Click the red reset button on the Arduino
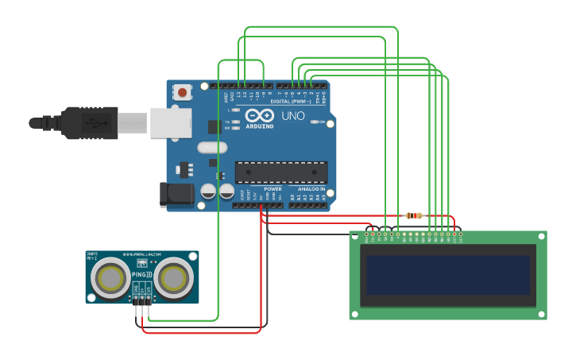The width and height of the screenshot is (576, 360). [x=183, y=93]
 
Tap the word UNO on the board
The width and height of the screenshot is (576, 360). [x=293, y=116]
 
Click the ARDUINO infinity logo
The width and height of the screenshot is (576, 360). [x=259, y=116]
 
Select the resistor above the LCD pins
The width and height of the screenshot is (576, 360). [x=414, y=215]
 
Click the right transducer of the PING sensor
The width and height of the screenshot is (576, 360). [x=173, y=278]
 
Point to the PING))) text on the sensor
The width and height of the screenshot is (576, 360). [x=141, y=274]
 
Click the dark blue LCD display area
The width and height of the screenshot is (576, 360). [x=447, y=274]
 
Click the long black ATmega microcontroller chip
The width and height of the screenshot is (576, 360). [x=281, y=172]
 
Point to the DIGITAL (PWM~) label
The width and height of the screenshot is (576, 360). [x=291, y=102]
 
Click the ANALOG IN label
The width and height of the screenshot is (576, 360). [x=311, y=189]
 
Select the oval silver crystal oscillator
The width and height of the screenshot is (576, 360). [x=211, y=147]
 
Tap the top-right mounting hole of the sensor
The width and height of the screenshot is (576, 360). [x=191, y=257]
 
